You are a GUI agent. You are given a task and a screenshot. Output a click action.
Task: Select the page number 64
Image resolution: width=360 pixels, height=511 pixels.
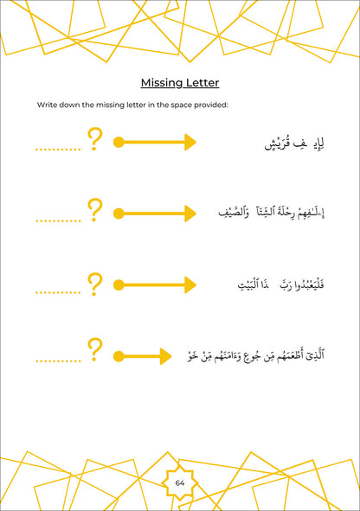point(180,482)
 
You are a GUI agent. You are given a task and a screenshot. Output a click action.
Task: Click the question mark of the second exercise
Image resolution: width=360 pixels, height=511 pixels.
point(95,210)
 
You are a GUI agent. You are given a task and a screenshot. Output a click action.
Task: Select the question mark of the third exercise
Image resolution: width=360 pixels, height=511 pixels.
point(95,283)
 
